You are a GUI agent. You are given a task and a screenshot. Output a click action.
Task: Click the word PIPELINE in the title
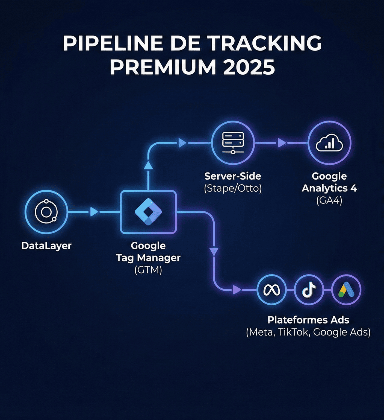(113, 43)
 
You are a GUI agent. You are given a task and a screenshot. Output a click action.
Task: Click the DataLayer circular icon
(46, 212)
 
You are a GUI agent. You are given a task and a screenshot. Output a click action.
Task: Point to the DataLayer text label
(46, 246)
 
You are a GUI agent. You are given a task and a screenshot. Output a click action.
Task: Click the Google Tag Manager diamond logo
(148, 212)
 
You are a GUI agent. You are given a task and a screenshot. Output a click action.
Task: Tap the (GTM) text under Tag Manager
(148, 270)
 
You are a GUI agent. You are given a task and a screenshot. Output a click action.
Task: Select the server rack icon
(233, 143)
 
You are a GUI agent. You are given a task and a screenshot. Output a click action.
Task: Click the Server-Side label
(233, 176)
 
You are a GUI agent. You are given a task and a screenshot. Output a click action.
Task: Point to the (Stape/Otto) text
(233, 188)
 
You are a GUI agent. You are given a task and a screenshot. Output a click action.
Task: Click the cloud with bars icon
(329, 143)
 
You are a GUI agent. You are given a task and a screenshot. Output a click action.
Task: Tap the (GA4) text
(329, 201)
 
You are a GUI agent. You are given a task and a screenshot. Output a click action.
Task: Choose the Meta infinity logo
(271, 290)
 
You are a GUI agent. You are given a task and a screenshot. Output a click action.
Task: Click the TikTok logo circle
(309, 290)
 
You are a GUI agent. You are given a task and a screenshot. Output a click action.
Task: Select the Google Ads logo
(346, 290)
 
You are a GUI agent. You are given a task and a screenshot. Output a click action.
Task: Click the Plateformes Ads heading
(308, 320)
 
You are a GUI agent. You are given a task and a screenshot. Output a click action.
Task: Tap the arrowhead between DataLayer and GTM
(94, 212)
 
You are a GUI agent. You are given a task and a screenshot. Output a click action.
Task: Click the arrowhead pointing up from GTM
(148, 165)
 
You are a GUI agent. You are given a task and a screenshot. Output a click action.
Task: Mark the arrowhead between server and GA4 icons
(281, 143)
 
